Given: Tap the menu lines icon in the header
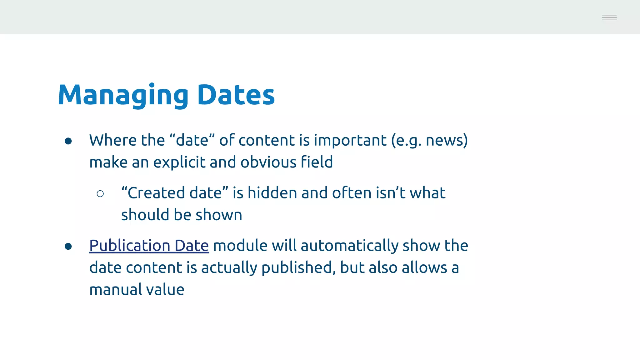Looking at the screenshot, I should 609,17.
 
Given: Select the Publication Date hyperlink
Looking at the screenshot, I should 149,246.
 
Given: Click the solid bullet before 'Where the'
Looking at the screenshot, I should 68,141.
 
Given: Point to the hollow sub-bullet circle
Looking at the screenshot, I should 100,194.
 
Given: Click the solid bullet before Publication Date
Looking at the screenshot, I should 68,247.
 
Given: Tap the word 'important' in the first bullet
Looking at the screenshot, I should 350,140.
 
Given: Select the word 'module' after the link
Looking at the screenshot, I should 240,246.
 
